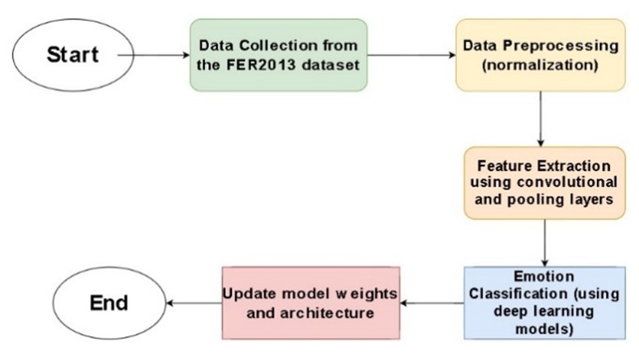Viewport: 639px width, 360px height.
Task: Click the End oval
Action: pos(109,302)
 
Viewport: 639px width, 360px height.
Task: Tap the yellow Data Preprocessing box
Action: pos(540,55)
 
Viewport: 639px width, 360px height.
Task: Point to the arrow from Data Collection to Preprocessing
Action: pos(412,55)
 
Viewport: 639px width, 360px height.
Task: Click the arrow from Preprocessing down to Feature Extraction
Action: pos(540,118)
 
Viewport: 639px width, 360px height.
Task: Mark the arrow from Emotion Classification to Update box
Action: pos(433,302)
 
